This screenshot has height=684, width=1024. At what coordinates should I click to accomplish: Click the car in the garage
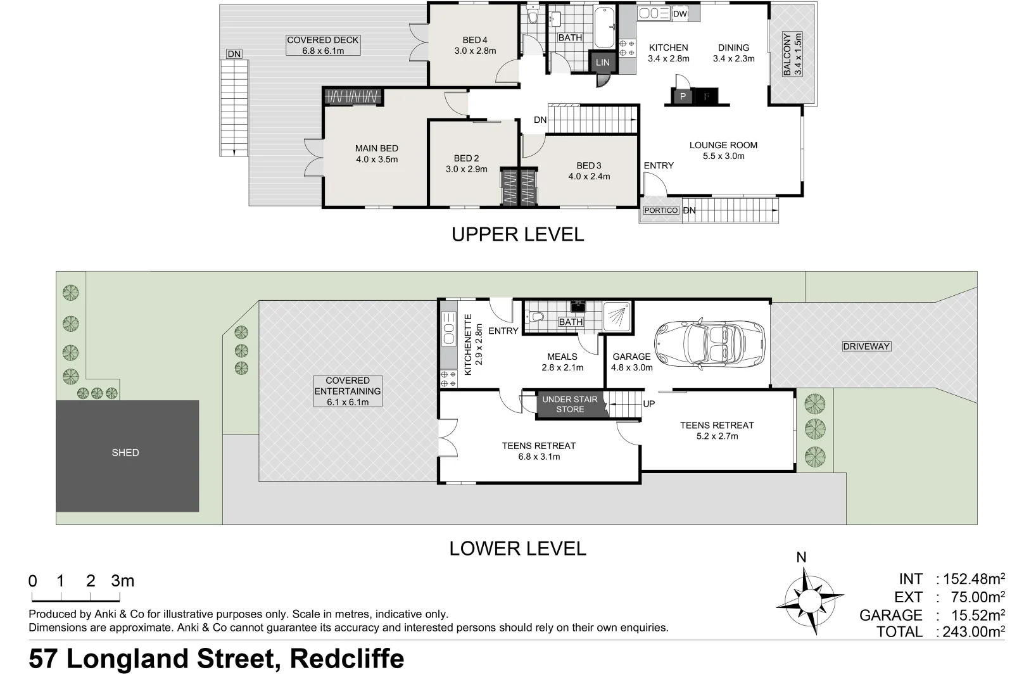(x=709, y=343)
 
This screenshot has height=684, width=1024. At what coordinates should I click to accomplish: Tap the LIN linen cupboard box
(x=602, y=62)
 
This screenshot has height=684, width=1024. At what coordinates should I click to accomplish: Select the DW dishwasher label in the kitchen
(x=680, y=14)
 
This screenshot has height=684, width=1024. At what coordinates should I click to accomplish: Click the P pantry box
(x=682, y=97)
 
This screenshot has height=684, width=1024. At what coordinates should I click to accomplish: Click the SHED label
(x=125, y=453)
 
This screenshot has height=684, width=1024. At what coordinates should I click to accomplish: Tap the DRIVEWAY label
(x=866, y=346)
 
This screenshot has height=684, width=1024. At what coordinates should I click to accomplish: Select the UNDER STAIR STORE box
(x=570, y=405)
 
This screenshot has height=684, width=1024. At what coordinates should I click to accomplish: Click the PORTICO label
(x=661, y=210)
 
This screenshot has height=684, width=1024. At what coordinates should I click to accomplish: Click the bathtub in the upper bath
(x=605, y=27)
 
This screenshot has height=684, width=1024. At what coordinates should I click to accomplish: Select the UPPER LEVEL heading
(x=517, y=234)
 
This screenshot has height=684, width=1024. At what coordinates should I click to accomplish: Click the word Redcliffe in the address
(x=347, y=659)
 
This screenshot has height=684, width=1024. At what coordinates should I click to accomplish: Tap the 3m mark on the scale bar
(x=122, y=581)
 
